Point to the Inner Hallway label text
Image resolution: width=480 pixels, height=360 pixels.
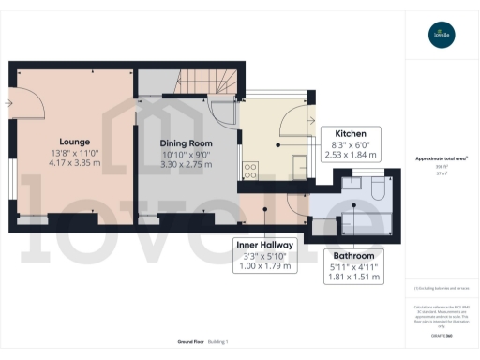click(x=264, y=245)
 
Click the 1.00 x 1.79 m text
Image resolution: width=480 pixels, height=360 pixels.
click(x=264, y=267)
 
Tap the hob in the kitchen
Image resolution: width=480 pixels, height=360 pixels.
click(x=250, y=170)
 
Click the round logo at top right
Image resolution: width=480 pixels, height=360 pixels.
click(x=442, y=36)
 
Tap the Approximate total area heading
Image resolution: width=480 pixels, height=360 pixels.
click(x=442, y=158)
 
